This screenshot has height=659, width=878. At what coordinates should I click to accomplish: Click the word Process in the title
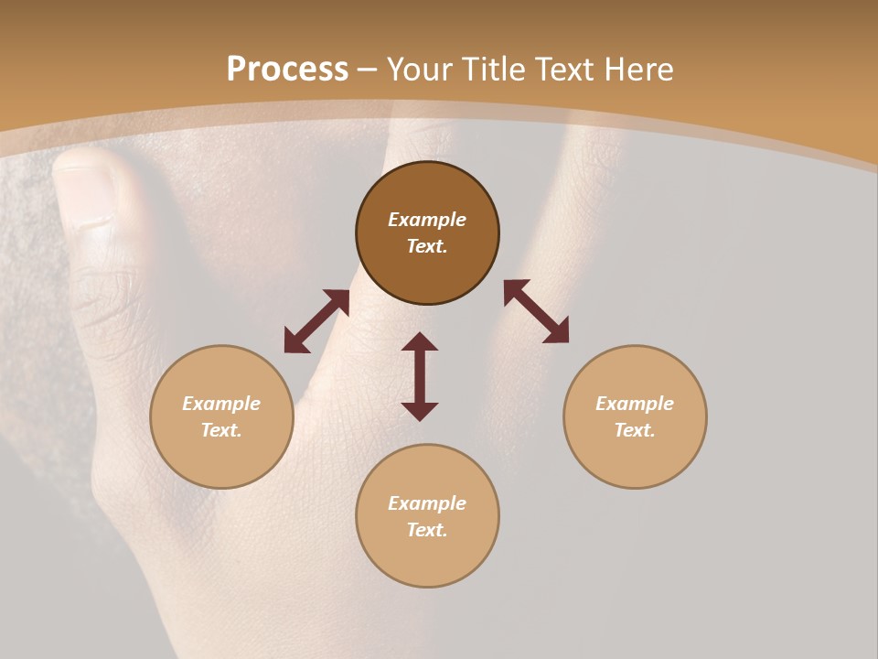click(287, 70)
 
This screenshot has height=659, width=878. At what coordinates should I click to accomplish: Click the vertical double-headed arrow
click(420, 376)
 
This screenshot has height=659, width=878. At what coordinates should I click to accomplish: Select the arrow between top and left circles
click(316, 321)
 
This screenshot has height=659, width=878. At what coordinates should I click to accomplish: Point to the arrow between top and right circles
click(536, 311)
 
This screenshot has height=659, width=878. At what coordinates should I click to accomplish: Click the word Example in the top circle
click(427, 220)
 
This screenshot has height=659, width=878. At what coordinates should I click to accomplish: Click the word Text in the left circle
click(221, 430)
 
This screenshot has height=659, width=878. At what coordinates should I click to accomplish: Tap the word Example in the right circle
click(635, 404)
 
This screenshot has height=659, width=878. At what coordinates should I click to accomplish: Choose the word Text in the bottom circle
click(427, 530)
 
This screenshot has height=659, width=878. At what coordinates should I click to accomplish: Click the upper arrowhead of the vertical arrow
click(420, 342)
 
